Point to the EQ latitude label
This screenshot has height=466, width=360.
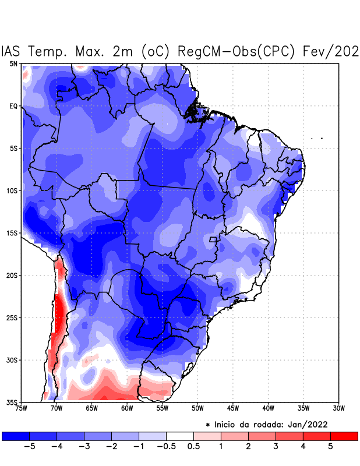(x=13, y=106)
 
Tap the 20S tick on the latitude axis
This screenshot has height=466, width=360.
(x=12, y=275)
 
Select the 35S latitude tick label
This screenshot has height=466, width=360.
(x=12, y=402)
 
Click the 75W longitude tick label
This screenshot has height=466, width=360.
(x=21, y=408)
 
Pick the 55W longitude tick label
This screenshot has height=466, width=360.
(x=162, y=408)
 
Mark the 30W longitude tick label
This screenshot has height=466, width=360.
(x=338, y=408)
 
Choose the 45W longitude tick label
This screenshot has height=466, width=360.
(x=232, y=408)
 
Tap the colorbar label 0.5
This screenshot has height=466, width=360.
(x=194, y=446)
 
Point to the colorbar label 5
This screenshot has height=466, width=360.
(x=330, y=446)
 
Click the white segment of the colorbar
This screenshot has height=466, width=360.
(x=180, y=436)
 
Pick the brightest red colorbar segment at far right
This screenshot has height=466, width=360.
(x=344, y=436)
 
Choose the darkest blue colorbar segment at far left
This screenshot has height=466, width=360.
(x=16, y=436)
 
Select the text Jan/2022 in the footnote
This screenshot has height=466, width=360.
(x=310, y=424)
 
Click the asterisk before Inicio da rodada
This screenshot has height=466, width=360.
(x=208, y=425)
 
